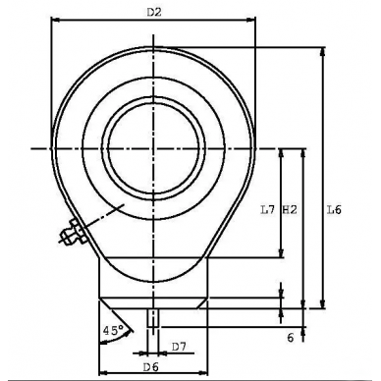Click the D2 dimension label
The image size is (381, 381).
(x=153, y=12)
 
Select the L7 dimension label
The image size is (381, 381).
(x=267, y=209)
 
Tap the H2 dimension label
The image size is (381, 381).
(x=289, y=209)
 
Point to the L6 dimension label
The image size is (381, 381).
(x=334, y=209)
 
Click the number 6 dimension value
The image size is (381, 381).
(x=291, y=337)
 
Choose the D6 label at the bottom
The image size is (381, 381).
(x=151, y=366)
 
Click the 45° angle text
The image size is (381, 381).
(x=113, y=331)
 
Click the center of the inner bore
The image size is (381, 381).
(x=153, y=147)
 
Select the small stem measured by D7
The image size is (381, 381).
(x=153, y=319)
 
